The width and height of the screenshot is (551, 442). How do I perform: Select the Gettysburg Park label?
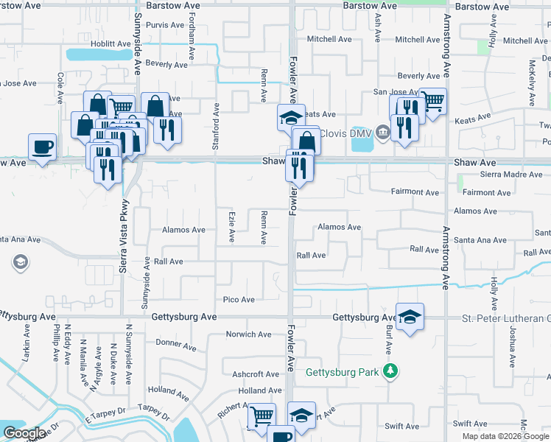pyautogui.click(x=345, y=371)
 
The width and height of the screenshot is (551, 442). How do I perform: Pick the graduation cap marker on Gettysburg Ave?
pyautogui.click(x=410, y=316)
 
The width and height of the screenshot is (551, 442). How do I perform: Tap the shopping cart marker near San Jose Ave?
pyautogui.click(x=433, y=100)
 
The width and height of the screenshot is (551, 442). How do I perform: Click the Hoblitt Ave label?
pyautogui.click(x=110, y=44)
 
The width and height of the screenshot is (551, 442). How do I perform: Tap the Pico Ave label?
pyautogui.click(x=239, y=300)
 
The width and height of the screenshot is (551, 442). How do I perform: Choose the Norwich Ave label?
pyautogui.click(x=248, y=334)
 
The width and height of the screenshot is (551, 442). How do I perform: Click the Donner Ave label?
pyautogui.click(x=175, y=344)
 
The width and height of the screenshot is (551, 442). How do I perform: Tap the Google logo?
pyautogui.click(x=24, y=433)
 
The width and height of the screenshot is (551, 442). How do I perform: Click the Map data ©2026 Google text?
pyautogui.click(x=505, y=436)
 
